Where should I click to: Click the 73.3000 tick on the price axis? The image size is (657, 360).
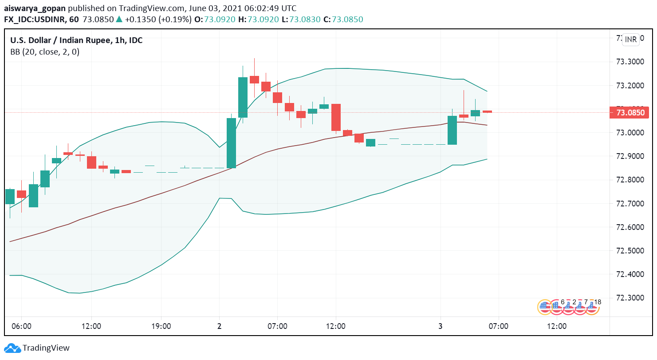click(x=629, y=62)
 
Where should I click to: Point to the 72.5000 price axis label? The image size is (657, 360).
click(x=629, y=251)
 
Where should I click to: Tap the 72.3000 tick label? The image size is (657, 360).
click(x=629, y=298)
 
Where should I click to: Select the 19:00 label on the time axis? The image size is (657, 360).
click(x=161, y=326)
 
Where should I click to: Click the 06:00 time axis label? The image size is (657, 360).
click(x=21, y=326)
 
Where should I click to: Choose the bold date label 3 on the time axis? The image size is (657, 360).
click(x=441, y=326)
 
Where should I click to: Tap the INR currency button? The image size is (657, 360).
click(x=630, y=40)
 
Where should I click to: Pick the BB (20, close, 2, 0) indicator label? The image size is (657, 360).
click(x=45, y=52)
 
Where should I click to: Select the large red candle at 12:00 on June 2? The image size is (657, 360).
click(x=336, y=117)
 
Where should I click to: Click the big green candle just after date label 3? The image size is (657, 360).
click(x=452, y=130)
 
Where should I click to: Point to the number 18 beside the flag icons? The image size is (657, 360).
click(x=598, y=302)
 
